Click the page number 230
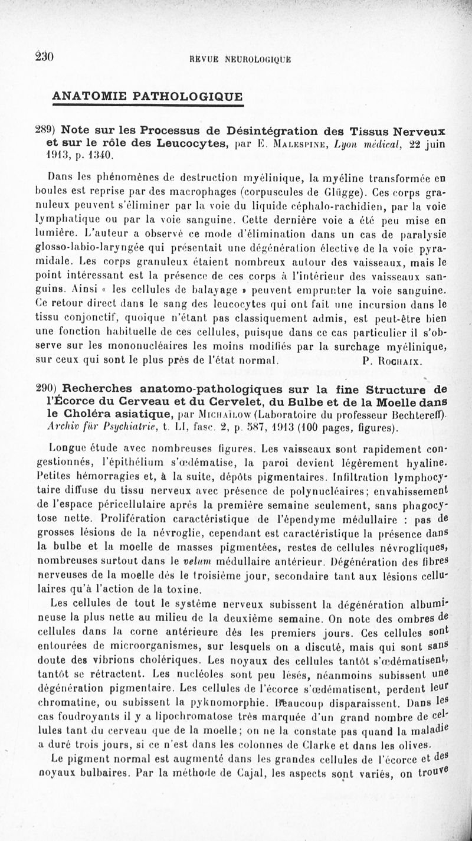(45, 57)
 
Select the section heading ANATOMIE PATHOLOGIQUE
(147, 96)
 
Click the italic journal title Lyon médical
(360, 143)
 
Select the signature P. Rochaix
(390, 359)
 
